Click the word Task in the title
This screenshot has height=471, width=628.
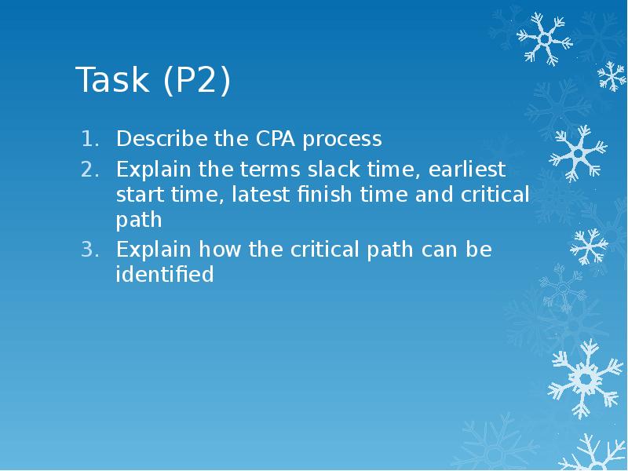pyautogui.click(x=112, y=79)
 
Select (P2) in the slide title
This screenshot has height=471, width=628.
pyautogui.click(x=197, y=80)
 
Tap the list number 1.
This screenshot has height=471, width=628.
pyautogui.click(x=90, y=139)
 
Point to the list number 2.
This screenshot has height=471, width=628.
pyautogui.click(x=90, y=170)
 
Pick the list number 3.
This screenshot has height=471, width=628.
pyautogui.click(x=90, y=250)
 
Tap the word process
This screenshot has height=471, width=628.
pyautogui.click(x=342, y=141)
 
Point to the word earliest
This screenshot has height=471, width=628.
pyautogui.click(x=466, y=169)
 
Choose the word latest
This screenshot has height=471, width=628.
pyautogui.click(x=261, y=194)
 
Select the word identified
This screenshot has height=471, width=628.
pyautogui.click(x=165, y=274)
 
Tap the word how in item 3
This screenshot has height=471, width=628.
pyautogui.click(x=220, y=249)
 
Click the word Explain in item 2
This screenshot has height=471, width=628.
pyautogui.click(x=153, y=170)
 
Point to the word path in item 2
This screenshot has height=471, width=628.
pyautogui.click(x=139, y=221)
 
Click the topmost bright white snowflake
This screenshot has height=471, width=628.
pyautogui.click(x=545, y=38)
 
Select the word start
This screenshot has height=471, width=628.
pyautogui.click(x=141, y=195)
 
